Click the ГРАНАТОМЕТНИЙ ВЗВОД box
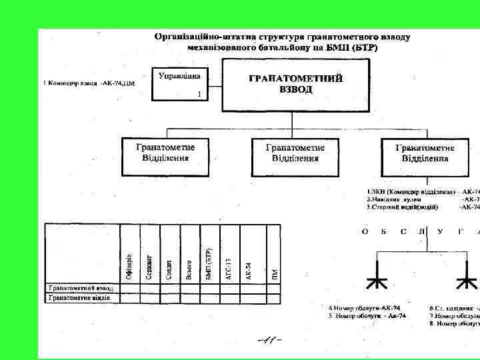pos(295,84)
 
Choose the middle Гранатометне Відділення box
pos(295,157)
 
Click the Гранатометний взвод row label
pos(81,288)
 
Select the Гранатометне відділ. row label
pos(79,298)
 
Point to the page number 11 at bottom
pos(269,340)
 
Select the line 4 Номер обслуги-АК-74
pos(360,308)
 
